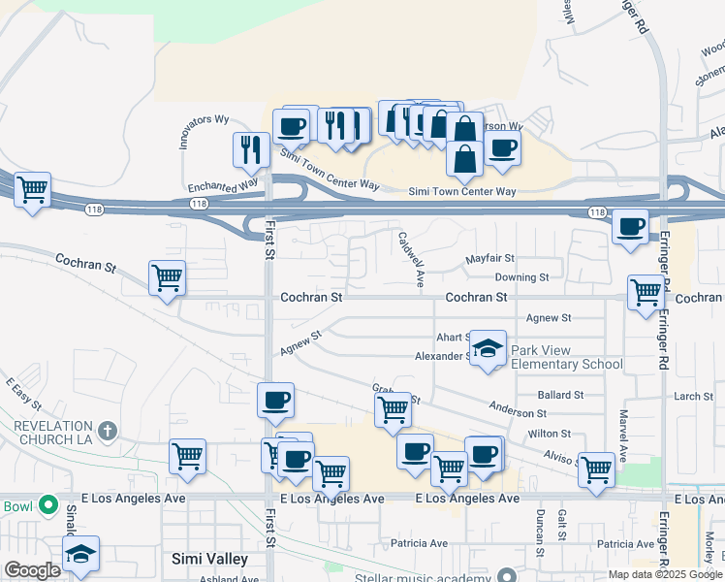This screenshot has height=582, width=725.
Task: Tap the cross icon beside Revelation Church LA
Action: tap(108, 429)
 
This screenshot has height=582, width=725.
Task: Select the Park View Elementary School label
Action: tap(566, 357)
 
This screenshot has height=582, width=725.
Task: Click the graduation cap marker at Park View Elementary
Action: tap(489, 348)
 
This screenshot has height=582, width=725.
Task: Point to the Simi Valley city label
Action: tap(209, 559)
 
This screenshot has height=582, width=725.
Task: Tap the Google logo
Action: tap(32, 570)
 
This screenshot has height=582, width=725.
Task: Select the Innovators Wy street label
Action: tap(204, 132)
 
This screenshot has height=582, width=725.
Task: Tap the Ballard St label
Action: tap(560, 396)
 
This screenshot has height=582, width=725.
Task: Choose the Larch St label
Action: tap(693, 396)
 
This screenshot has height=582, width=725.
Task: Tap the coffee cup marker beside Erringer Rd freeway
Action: tap(631, 227)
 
